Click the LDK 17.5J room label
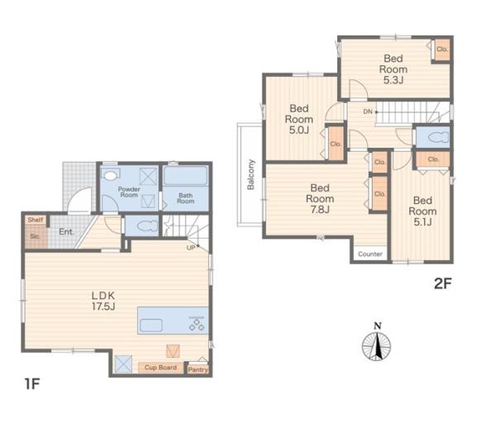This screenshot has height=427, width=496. [103, 301]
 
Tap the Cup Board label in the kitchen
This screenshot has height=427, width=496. [160, 368]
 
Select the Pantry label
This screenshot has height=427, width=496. [198, 369]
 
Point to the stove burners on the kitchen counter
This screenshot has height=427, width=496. [197, 325]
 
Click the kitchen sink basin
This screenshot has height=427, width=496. [151, 325]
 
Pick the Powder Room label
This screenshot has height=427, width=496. [129, 192]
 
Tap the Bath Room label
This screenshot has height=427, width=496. [186, 198]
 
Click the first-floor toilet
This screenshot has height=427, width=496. [145, 226]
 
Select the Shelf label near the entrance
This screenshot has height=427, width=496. [36, 220]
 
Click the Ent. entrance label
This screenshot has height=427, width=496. [66, 232]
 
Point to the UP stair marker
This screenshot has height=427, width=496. [191, 248]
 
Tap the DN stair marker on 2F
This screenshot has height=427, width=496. [368, 111]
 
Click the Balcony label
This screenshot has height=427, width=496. [250, 174]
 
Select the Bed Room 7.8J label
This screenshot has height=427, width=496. [320, 198]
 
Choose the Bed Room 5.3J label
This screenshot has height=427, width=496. [393, 69]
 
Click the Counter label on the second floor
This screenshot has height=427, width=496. [370, 254]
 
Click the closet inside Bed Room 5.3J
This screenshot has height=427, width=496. [441, 50]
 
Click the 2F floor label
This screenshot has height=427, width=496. [442, 283]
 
